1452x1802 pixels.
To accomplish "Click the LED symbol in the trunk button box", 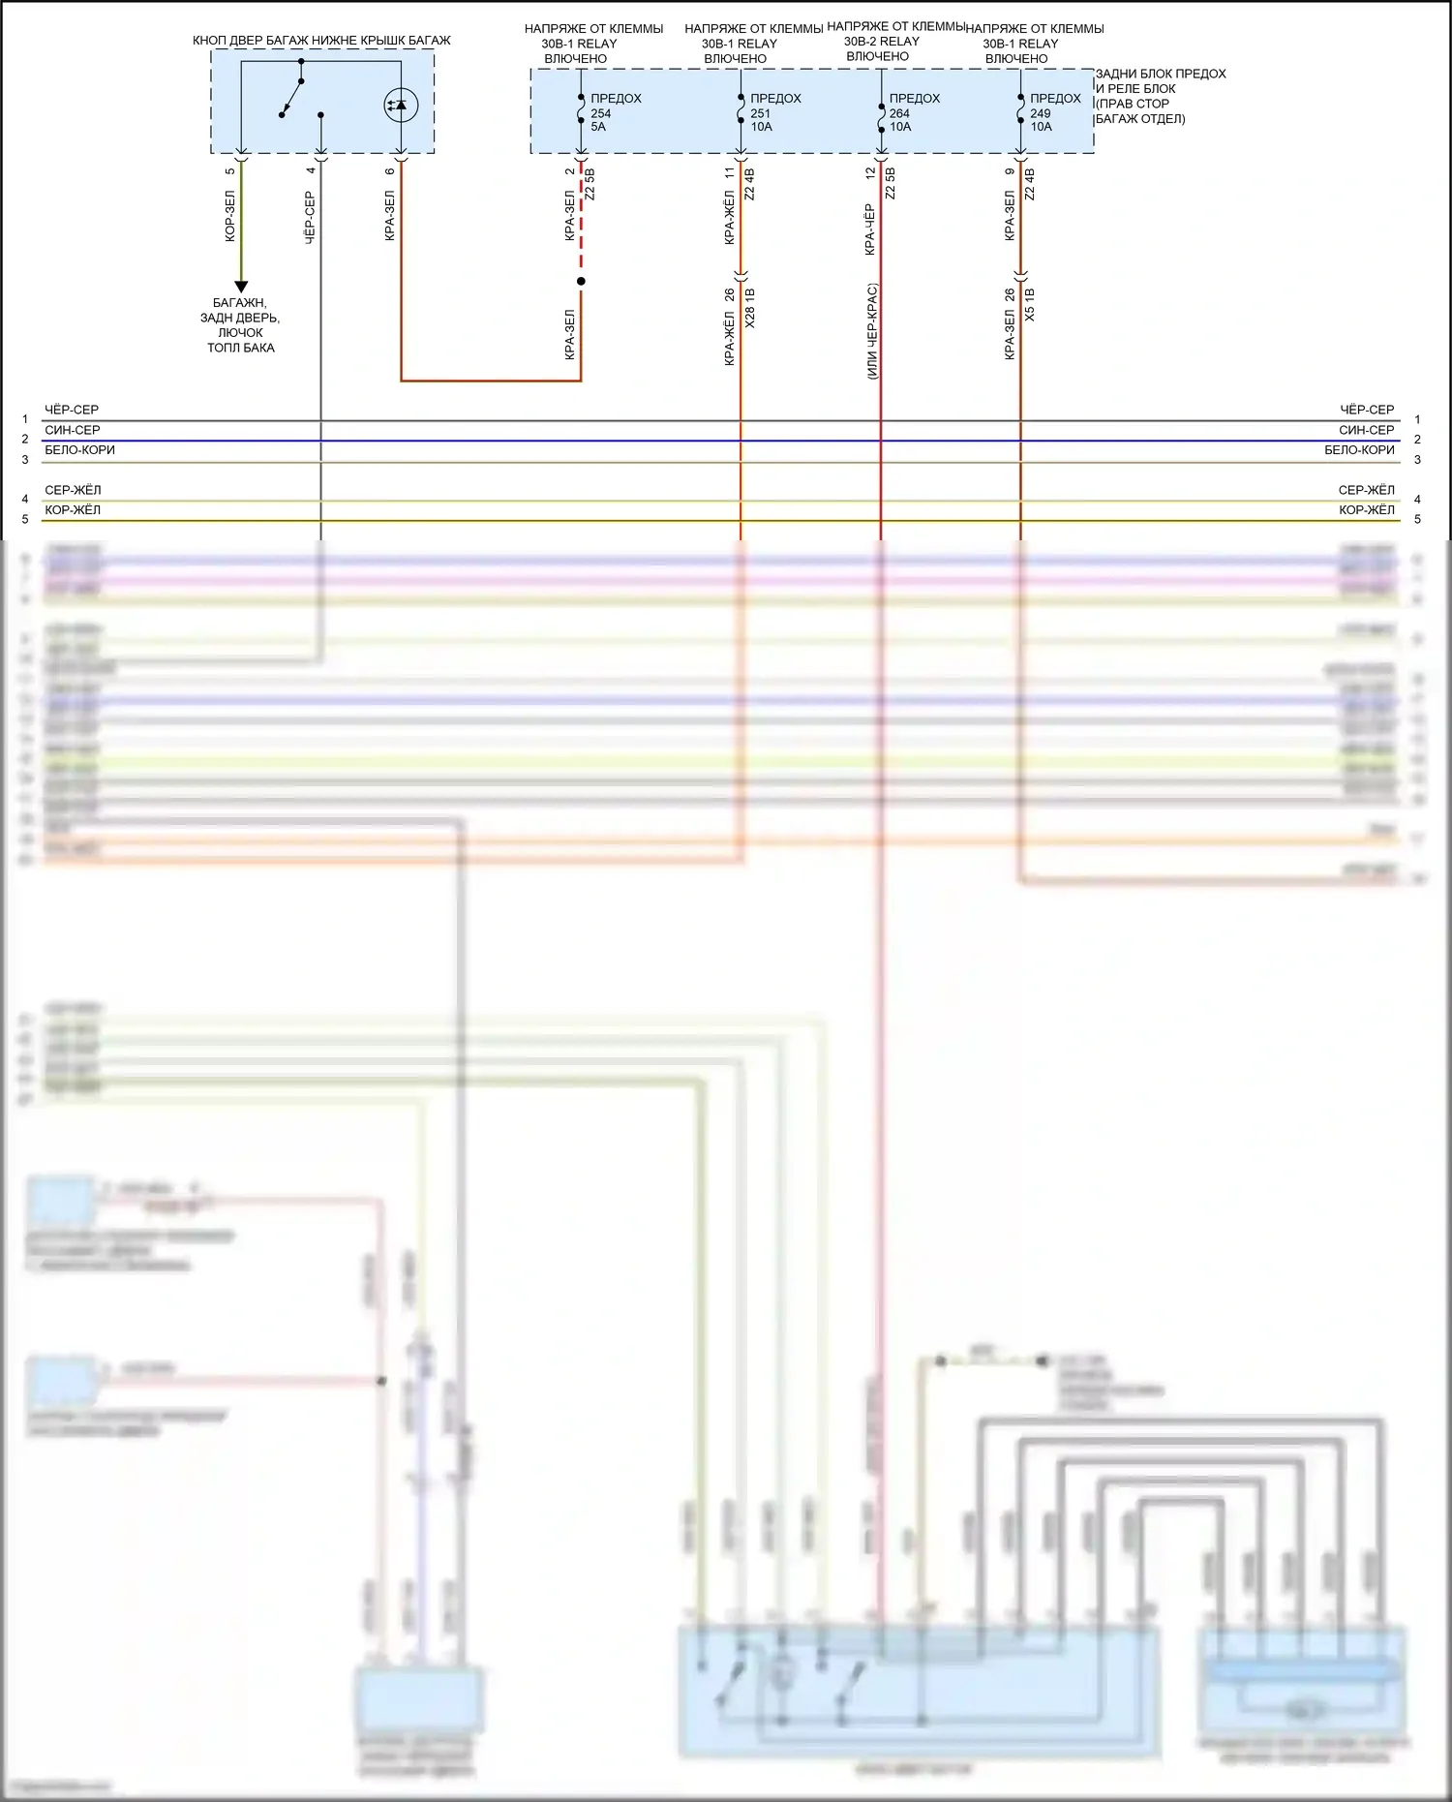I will click(x=401, y=105).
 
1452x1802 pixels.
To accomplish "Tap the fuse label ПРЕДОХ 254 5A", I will click(x=615, y=112).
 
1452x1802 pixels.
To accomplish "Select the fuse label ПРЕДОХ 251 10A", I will click(x=774, y=112).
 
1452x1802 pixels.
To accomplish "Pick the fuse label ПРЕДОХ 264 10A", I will click(x=914, y=112).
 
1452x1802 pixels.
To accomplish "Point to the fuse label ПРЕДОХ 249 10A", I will click(x=1054, y=112).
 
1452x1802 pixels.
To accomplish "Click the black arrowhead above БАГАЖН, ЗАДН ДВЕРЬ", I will click(x=241, y=287).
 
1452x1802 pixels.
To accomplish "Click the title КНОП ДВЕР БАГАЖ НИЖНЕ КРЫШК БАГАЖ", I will click(x=321, y=41).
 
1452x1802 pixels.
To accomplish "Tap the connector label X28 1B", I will click(x=751, y=308).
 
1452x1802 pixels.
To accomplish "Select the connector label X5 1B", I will click(x=1030, y=305).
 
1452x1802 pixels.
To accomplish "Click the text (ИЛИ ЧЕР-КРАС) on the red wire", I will click(x=872, y=331).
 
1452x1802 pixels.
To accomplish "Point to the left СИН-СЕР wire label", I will click(x=73, y=430).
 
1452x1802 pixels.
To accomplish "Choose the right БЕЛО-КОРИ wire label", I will click(x=1359, y=450).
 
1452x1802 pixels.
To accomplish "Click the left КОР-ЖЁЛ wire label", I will click(x=73, y=510).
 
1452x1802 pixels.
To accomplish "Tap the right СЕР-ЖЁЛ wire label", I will click(x=1366, y=490).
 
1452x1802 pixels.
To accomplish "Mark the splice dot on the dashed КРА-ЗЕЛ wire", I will click(x=581, y=282).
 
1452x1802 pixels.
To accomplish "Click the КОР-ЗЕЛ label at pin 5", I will click(x=230, y=216).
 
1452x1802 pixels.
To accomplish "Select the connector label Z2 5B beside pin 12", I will click(x=891, y=184).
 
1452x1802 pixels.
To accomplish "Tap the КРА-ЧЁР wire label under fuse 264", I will click(x=870, y=229).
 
